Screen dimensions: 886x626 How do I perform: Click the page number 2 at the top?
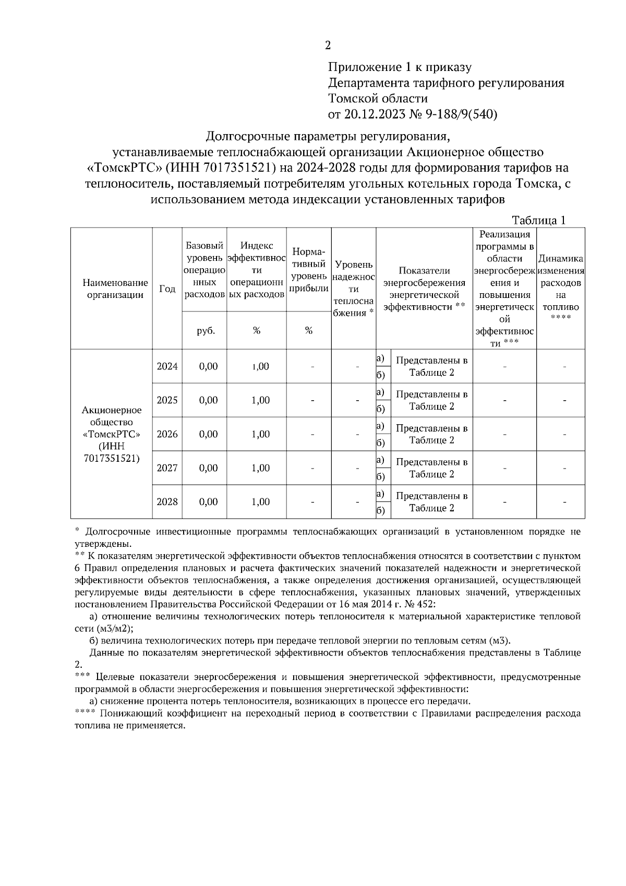328,45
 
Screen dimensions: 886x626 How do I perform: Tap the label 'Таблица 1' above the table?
538,220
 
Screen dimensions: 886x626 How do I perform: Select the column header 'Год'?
167,289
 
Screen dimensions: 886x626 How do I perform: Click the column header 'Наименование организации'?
108,289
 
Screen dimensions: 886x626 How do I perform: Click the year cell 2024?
167,366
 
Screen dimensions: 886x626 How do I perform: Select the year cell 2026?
167,434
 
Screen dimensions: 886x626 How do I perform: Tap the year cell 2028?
167,502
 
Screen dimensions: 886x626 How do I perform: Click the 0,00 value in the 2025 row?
208,400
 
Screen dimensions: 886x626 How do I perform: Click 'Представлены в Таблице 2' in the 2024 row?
431,366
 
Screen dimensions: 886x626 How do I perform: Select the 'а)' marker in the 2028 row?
380,494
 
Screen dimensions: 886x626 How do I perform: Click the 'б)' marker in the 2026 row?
380,443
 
